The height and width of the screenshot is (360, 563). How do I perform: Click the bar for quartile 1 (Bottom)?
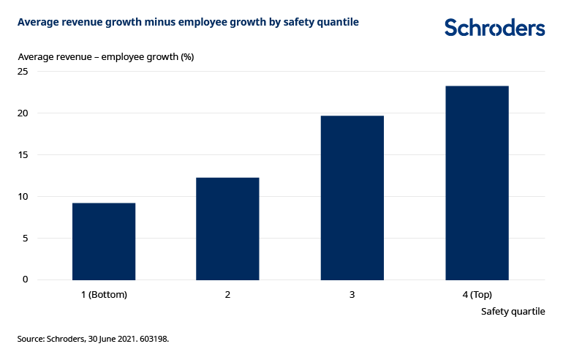pos(104,241)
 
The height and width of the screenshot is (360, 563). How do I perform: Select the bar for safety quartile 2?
pos(227,228)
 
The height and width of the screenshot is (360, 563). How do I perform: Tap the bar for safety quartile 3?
pos(352,198)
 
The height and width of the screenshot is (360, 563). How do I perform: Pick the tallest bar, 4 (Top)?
pos(477,183)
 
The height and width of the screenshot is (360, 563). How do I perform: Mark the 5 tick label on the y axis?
pos(25,238)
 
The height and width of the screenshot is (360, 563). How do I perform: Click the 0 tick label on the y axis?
pos(25,280)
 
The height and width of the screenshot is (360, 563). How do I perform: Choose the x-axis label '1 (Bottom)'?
pos(104,295)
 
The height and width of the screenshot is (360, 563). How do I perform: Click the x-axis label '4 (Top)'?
pos(477,295)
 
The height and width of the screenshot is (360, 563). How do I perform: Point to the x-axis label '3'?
pos(352,295)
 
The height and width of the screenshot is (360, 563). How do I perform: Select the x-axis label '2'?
pos(227,295)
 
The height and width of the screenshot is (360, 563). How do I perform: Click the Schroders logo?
pos(494,28)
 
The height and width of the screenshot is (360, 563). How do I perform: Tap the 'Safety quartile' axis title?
pos(513,312)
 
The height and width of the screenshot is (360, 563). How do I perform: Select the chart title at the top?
pos(188,23)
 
